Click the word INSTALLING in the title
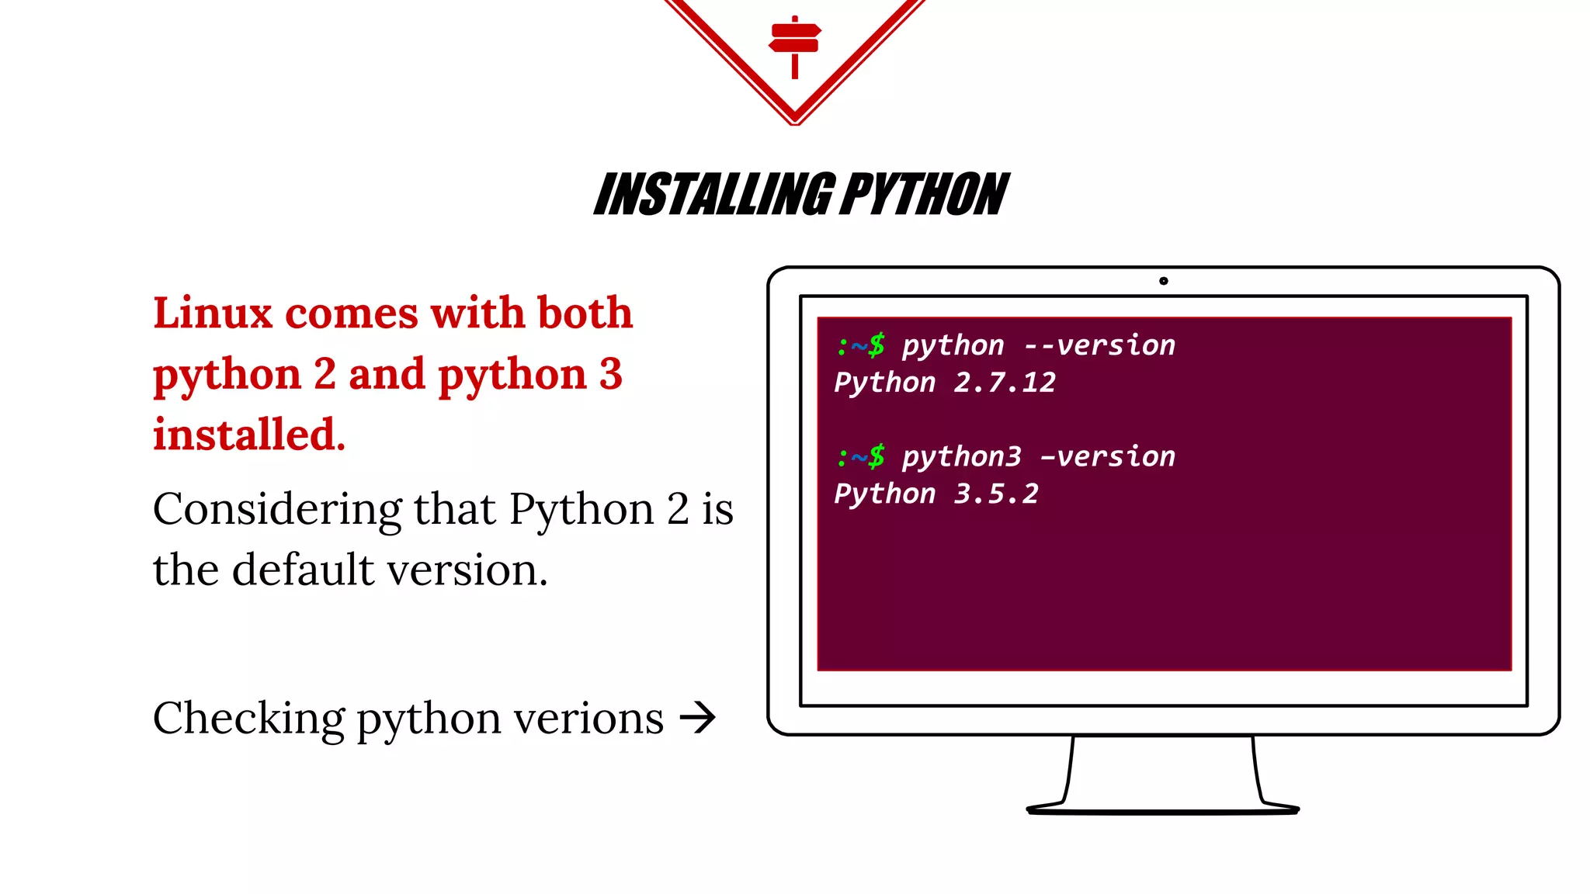[x=715, y=195]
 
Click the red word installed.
[x=248, y=435]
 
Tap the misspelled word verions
[x=588, y=719]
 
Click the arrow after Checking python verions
[x=697, y=718]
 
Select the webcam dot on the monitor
[x=1163, y=281]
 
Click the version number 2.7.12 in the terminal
[x=1005, y=383]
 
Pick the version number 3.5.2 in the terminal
[x=996, y=494]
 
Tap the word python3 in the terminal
[x=961, y=457]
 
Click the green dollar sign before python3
[x=877, y=456]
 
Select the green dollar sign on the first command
[x=877, y=345]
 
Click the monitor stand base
[x=1162, y=809]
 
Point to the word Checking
[x=248, y=719]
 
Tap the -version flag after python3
[x=1108, y=457]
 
